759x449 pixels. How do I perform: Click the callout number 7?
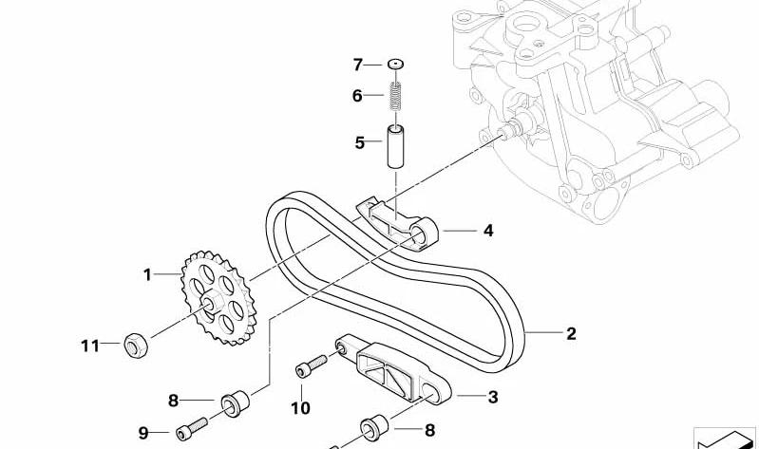tap(358, 65)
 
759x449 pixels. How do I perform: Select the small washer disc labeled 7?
tap(395, 64)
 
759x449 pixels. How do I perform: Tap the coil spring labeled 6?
tap(395, 96)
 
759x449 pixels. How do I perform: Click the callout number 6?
tap(357, 96)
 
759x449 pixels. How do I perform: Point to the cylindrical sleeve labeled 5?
tap(396, 146)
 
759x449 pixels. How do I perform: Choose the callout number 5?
tap(360, 142)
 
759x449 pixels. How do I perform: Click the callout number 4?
tap(488, 231)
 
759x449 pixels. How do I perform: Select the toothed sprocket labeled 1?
tap(218, 297)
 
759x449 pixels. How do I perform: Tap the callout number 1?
tap(147, 275)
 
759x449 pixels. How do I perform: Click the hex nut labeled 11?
tap(136, 345)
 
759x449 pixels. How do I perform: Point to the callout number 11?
tap(90, 346)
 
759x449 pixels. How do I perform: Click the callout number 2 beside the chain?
tap(571, 334)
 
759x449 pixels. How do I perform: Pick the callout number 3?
tap(493, 397)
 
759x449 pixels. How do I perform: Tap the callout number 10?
tap(300, 408)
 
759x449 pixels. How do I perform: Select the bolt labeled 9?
tap(192, 429)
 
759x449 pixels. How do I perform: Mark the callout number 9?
tap(143, 433)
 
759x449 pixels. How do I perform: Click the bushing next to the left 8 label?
tap(236, 403)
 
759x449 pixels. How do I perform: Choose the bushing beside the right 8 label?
tap(374, 428)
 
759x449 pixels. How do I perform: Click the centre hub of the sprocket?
tap(211, 304)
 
